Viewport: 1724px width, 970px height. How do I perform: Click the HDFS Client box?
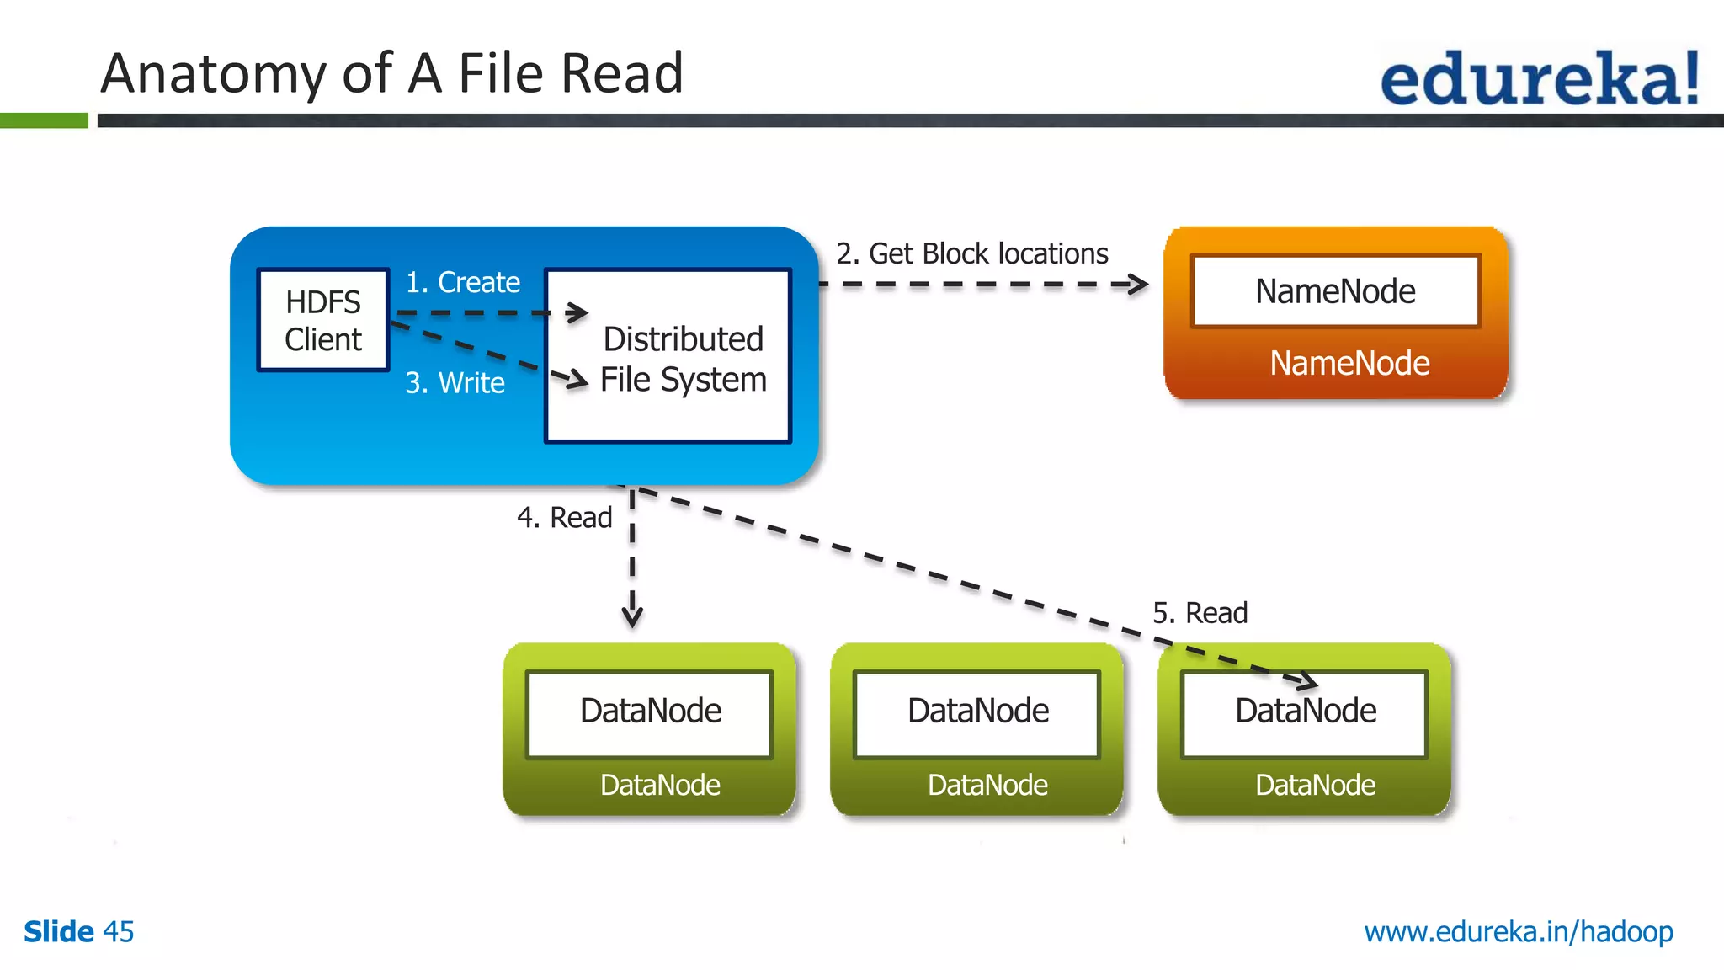point(323,320)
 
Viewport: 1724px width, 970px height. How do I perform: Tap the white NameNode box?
point(1335,291)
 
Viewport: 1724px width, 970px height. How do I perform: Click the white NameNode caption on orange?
point(1349,364)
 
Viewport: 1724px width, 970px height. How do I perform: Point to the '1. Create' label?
point(462,282)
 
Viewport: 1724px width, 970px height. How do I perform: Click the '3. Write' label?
point(455,383)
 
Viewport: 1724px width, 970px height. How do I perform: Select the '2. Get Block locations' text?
point(971,253)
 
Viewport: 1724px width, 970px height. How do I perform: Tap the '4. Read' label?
point(564,517)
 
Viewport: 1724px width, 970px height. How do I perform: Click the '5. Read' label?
point(1200,613)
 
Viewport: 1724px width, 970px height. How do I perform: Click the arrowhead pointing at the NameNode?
point(1139,285)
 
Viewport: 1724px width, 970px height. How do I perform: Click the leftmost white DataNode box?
point(650,712)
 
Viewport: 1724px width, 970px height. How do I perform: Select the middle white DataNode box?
point(977,712)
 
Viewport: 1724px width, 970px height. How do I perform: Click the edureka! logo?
point(1539,77)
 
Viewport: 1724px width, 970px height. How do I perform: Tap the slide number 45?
point(118,932)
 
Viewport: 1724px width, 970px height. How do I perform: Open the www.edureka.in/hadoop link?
point(1519,932)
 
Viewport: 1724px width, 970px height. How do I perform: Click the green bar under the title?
point(44,120)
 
